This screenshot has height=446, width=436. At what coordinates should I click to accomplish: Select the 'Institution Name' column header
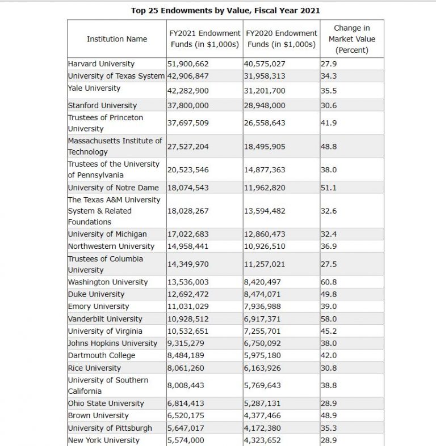[116, 39]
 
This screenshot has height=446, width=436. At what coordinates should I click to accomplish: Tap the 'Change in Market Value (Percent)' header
[351, 39]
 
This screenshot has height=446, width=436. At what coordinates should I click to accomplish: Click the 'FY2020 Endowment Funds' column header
[281, 39]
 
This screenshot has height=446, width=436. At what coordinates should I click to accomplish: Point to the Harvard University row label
[101, 64]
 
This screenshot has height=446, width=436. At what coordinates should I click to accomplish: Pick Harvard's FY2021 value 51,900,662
[188, 64]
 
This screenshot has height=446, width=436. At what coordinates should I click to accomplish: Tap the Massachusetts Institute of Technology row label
[115, 146]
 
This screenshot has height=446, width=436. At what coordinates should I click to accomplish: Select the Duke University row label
[95, 294]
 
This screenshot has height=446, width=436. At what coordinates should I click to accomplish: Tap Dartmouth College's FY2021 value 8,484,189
[186, 355]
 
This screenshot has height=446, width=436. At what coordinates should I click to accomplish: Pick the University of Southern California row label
[107, 385]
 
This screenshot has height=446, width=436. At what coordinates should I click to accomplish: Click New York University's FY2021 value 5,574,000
[186, 440]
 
